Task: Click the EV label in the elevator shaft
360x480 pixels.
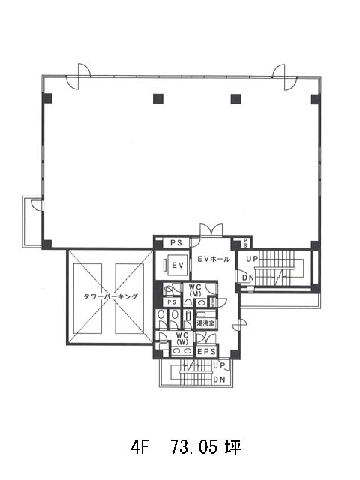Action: tap(178, 265)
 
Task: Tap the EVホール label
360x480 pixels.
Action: tap(214, 259)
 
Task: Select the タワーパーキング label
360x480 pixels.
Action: tap(110, 296)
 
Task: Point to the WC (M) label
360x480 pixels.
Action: tap(195, 290)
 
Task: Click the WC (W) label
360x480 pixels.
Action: tap(182, 338)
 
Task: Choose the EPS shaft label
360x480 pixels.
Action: tap(206, 352)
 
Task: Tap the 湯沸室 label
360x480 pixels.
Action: tap(205, 323)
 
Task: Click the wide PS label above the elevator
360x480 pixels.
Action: tap(176, 243)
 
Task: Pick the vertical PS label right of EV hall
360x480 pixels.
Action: tap(245, 243)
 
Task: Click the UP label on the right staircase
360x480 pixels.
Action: tap(253, 259)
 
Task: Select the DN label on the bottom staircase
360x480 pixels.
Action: tap(219, 379)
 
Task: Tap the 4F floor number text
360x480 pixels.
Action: tap(140, 447)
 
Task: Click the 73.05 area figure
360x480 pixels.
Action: tap(194, 447)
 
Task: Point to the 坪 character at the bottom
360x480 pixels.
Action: tap(233, 447)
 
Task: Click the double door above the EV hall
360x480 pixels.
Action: tap(211, 229)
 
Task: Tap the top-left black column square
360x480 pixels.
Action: tap(47, 98)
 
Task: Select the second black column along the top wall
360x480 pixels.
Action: tap(158, 98)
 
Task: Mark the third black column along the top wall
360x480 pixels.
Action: tap(235, 98)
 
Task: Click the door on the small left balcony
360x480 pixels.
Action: tap(37, 205)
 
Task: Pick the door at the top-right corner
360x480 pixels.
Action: tap(285, 77)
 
